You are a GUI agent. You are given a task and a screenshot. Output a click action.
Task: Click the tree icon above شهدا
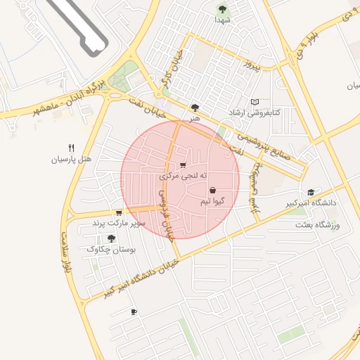pyautogui.click(x=223, y=9)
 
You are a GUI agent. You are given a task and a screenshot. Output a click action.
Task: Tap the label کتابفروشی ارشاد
pyautogui.click(x=254, y=112)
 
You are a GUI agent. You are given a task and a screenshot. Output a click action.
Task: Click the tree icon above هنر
pyautogui.click(x=194, y=108)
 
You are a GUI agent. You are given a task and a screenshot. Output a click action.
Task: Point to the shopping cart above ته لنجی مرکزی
pyautogui.click(x=183, y=166)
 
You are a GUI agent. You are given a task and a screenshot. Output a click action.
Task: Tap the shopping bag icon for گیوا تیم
pyautogui.click(x=212, y=190)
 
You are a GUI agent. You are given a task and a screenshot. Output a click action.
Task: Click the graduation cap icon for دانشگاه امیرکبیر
pyautogui.click(x=310, y=193)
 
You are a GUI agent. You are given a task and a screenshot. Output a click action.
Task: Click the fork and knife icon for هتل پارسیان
pyautogui.click(x=71, y=148)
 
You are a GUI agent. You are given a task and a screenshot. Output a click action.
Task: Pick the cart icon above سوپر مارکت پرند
pyautogui.click(x=119, y=212)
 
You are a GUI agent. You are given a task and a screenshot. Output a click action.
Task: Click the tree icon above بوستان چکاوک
pyautogui.click(x=110, y=238)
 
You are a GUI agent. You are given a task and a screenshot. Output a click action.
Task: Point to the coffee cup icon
pyautogui.click(x=134, y=311)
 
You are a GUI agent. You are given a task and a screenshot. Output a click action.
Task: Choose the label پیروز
pyautogui.click(x=251, y=66)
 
